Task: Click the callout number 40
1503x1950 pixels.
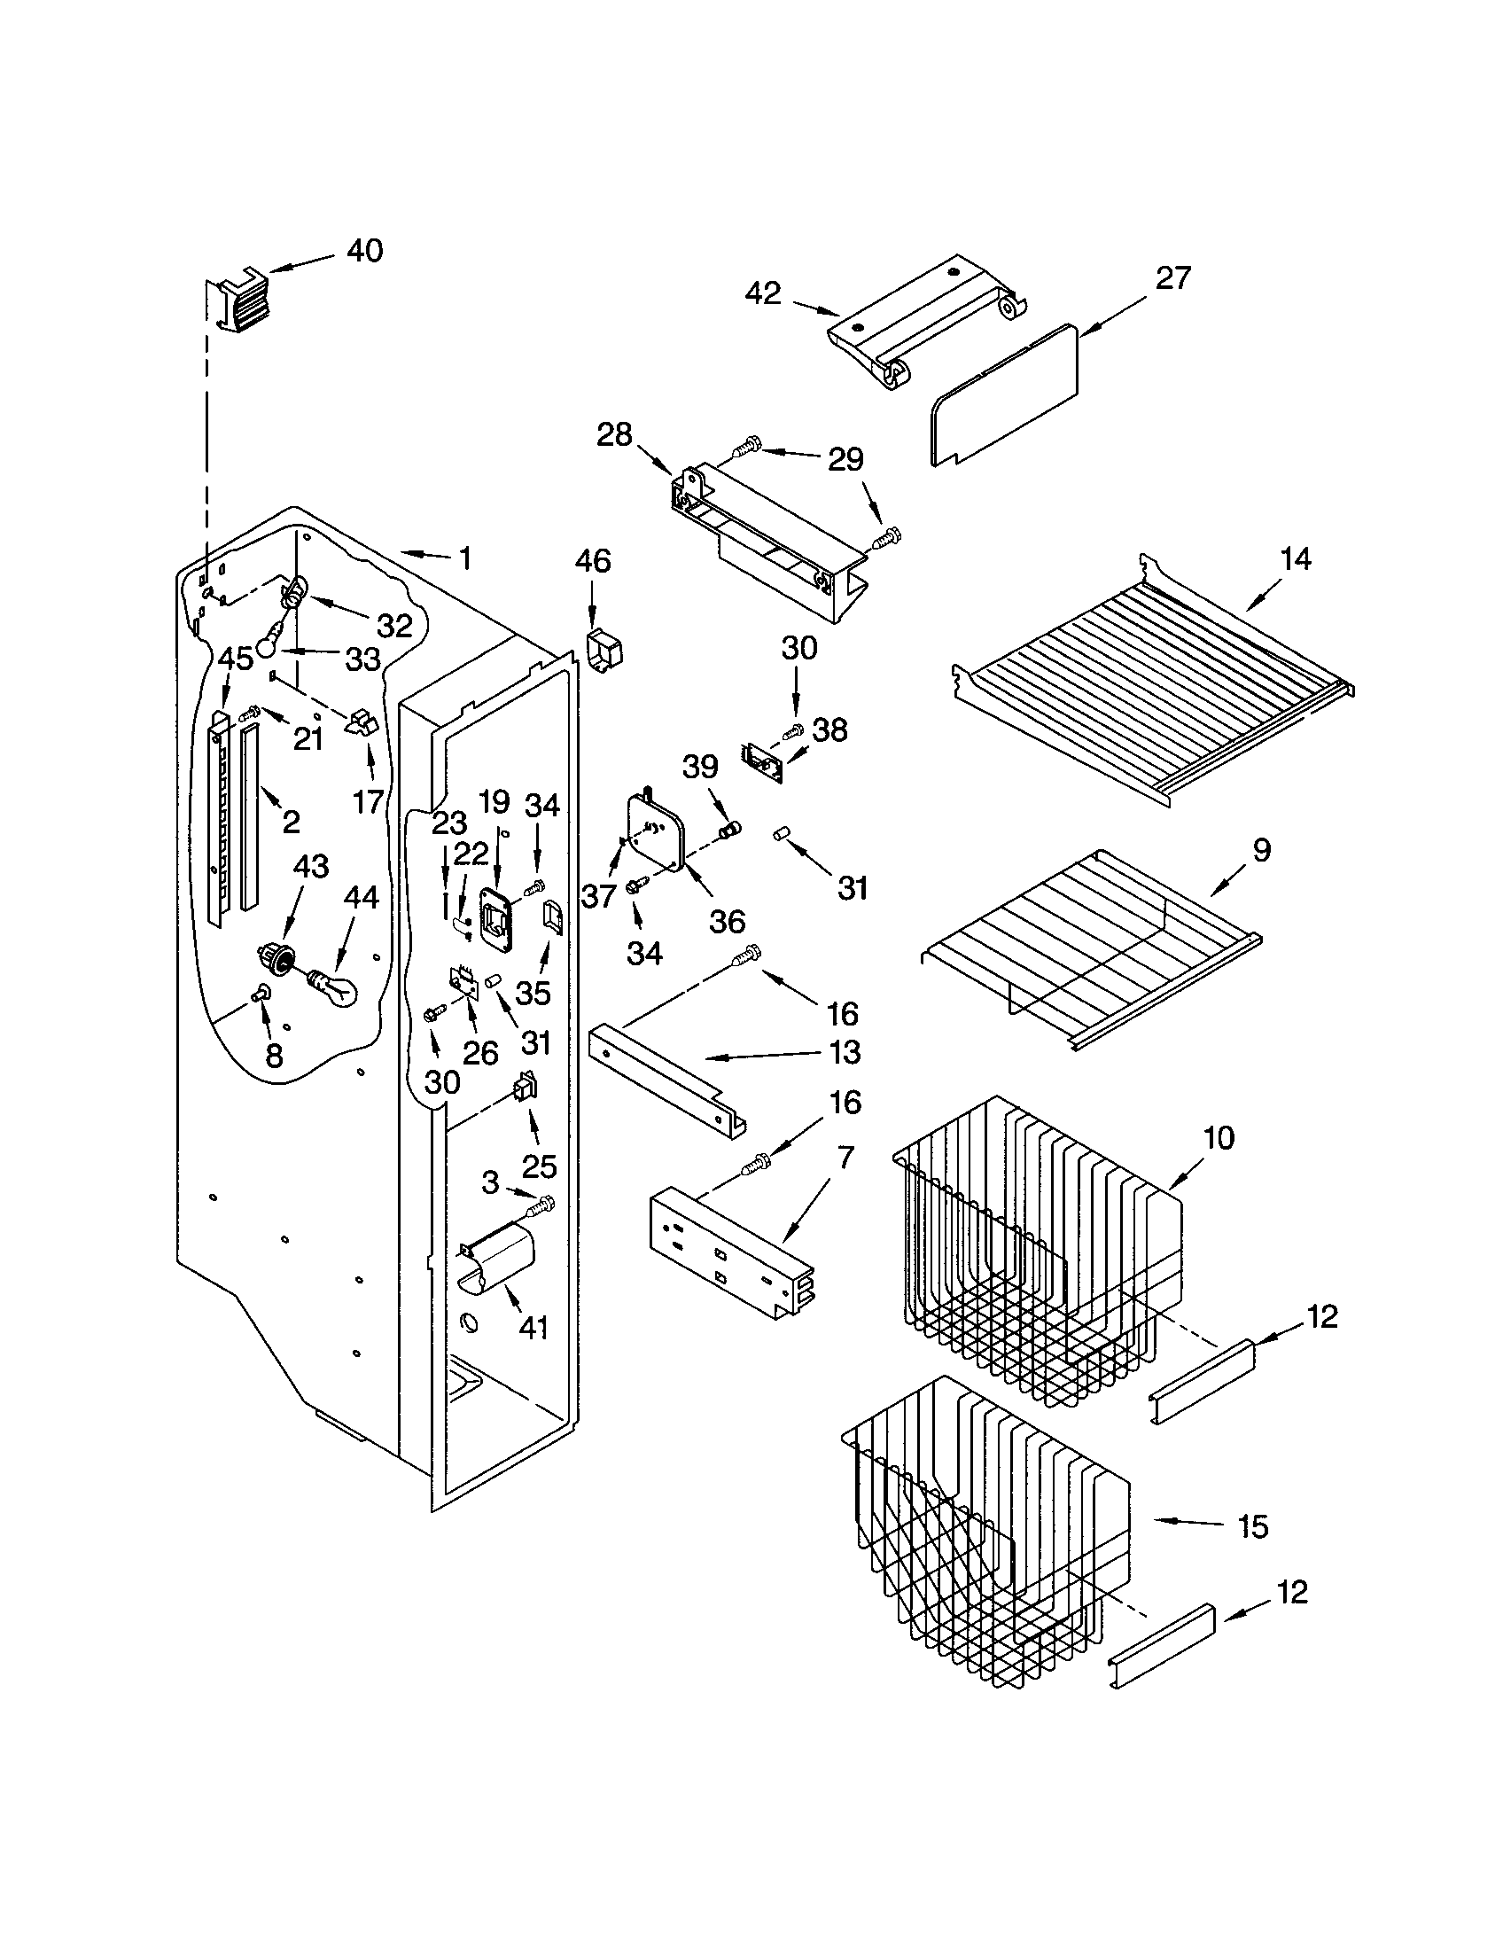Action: (364, 251)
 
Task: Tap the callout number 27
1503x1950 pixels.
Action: (1172, 278)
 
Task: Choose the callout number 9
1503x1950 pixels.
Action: (1260, 849)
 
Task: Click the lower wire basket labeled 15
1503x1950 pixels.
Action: (982, 1536)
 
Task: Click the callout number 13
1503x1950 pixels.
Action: (845, 1052)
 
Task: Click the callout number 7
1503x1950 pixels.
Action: (845, 1158)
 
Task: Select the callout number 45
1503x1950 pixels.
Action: (236, 659)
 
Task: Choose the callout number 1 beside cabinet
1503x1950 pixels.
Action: (464, 559)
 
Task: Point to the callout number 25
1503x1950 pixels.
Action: (539, 1166)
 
